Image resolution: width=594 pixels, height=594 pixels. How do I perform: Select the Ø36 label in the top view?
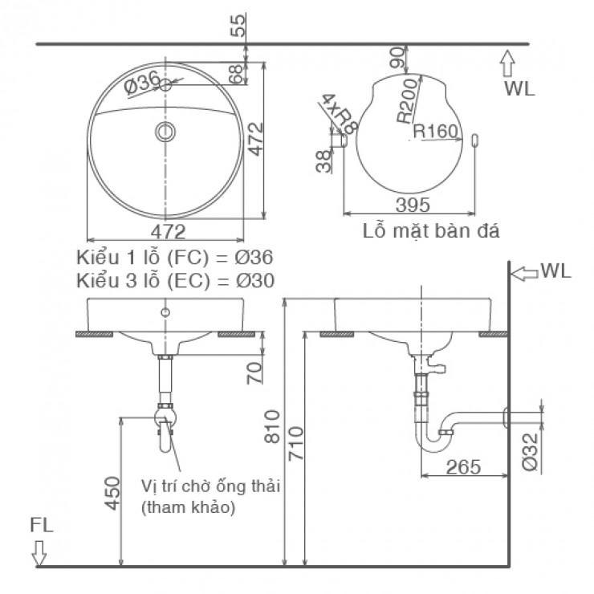click(141, 81)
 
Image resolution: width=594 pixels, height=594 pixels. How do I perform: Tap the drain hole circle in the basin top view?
click(165, 131)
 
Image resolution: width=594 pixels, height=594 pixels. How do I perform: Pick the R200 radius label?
click(408, 100)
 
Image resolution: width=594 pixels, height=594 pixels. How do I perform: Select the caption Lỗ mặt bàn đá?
click(431, 233)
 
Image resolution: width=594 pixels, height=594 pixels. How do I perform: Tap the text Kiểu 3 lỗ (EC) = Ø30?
click(175, 280)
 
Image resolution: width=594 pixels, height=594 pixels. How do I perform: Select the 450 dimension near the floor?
click(112, 492)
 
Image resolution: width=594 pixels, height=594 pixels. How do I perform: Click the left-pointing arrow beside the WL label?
click(525, 272)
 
